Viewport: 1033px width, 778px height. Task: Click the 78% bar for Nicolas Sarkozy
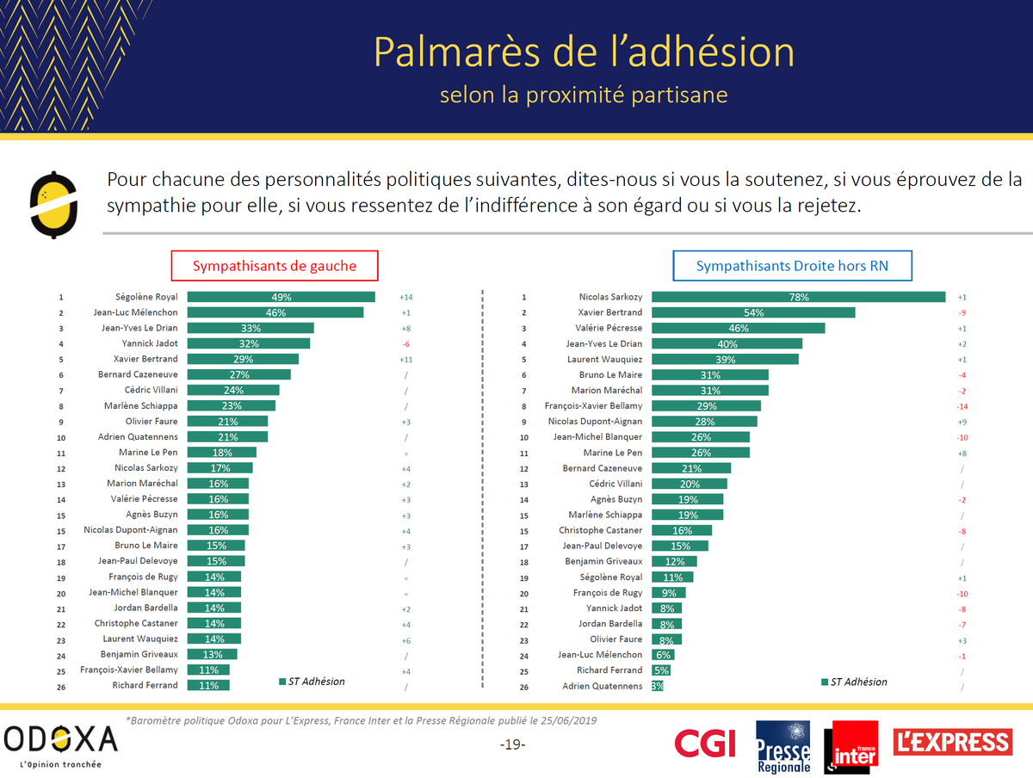(x=798, y=297)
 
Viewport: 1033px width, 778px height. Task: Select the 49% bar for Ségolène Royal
(x=281, y=297)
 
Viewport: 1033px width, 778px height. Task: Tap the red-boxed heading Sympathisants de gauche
(x=274, y=266)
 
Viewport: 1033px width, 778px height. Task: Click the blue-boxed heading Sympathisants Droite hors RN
(x=792, y=266)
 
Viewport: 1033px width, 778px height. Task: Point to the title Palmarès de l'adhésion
(x=584, y=52)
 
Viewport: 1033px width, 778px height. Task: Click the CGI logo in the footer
(x=704, y=742)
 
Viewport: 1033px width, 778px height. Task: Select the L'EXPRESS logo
(x=953, y=742)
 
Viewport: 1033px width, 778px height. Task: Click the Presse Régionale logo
(x=782, y=746)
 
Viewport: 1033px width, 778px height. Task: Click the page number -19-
(x=512, y=744)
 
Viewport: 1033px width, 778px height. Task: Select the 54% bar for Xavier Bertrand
(x=753, y=312)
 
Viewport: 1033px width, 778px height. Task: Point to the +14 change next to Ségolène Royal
(x=406, y=297)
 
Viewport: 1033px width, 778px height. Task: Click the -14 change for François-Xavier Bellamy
(x=962, y=406)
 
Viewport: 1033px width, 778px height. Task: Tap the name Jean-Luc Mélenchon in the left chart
(x=135, y=312)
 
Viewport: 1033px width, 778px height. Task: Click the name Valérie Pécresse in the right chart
(x=609, y=328)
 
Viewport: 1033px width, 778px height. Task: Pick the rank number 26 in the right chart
(x=523, y=687)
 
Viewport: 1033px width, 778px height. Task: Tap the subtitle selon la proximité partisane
(x=584, y=95)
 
